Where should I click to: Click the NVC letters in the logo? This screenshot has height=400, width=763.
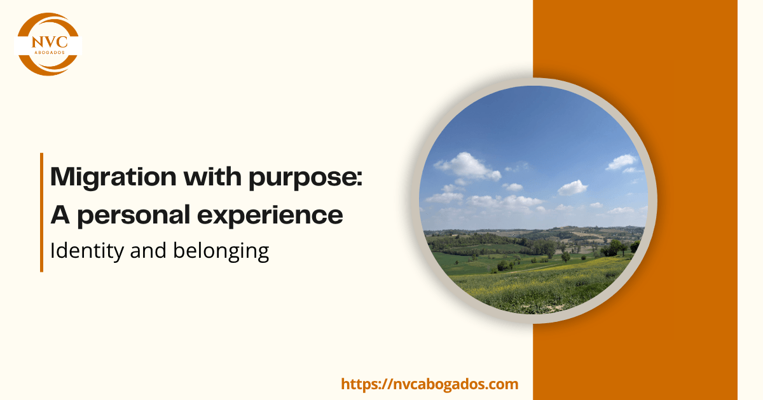(x=50, y=42)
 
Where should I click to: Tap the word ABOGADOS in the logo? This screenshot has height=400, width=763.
(x=50, y=52)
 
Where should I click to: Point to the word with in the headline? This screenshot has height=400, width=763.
(x=212, y=177)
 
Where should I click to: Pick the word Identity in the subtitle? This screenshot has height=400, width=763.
(x=87, y=251)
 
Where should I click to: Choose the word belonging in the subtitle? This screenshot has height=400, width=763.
(x=221, y=251)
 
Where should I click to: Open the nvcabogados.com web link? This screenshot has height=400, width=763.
(x=430, y=384)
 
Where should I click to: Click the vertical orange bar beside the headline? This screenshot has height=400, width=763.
(x=41, y=213)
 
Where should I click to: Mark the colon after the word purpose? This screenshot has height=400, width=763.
(x=359, y=178)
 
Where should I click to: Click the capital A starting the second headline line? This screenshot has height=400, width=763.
(x=60, y=215)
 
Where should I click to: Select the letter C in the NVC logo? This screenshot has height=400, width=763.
(x=62, y=42)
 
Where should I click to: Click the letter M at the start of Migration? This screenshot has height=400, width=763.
(x=63, y=177)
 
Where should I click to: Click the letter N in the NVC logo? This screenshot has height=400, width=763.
(x=37, y=42)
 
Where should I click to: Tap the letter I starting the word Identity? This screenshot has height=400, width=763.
(x=52, y=250)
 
